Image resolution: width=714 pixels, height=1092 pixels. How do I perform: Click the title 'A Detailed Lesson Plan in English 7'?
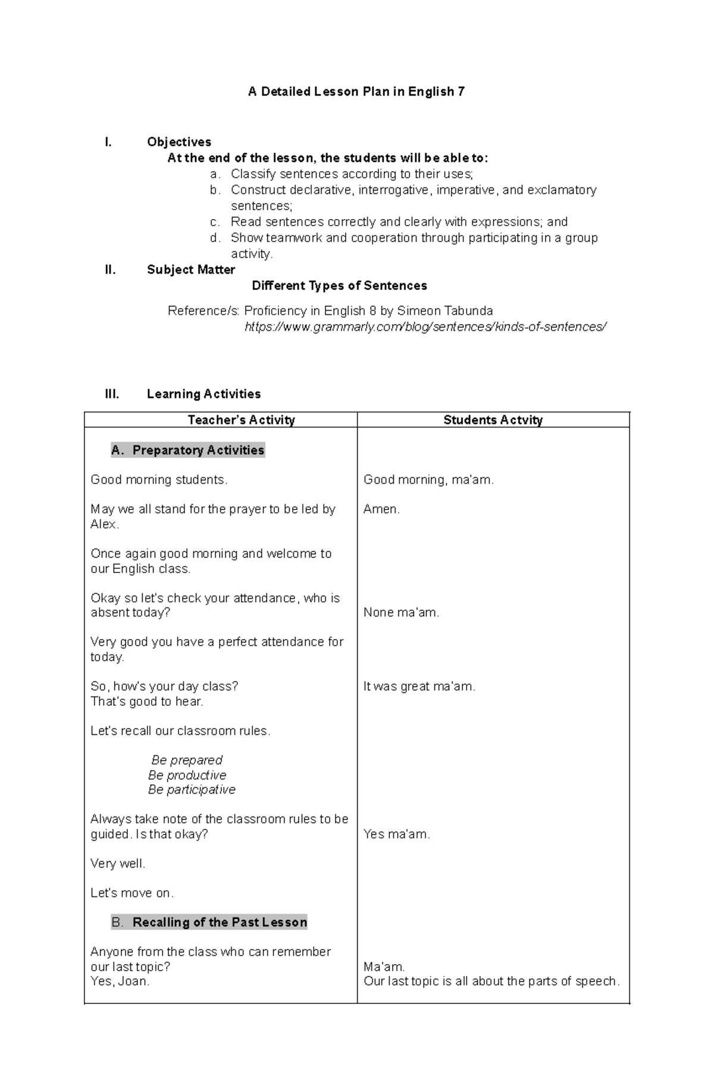[x=356, y=92]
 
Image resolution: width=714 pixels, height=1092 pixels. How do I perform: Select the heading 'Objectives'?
[x=179, y=142]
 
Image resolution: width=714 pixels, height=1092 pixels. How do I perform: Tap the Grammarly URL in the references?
[x=425, y=327]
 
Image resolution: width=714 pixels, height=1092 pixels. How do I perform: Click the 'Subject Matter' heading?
[x=191, y=270]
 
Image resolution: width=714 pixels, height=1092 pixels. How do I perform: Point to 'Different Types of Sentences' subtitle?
[x=339, y=286]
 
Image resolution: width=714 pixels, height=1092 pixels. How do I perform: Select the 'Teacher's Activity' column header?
[x=241, y=420]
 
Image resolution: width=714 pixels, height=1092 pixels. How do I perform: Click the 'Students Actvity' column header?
[x=493, y=420]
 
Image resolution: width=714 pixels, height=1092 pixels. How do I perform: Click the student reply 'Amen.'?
[x=381, y=509]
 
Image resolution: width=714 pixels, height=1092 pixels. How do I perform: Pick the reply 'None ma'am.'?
[x=401, y=612]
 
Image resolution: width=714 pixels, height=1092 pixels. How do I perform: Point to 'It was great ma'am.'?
[x=419, y=686]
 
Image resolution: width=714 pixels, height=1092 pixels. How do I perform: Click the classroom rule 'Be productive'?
[x=187, y=775]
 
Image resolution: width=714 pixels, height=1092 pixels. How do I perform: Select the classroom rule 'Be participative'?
[x=192, y=790]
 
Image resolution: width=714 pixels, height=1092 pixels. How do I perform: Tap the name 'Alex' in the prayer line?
[x=104, y=524]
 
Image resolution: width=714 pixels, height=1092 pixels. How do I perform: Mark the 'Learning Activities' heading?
[x=203, y=394]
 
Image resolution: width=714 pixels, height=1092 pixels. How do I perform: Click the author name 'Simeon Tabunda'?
[x=444, y=311]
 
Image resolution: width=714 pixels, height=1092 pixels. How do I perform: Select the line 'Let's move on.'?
[x=132, y=893]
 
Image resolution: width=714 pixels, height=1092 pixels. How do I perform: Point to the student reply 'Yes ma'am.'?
[x=396, y=834]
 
